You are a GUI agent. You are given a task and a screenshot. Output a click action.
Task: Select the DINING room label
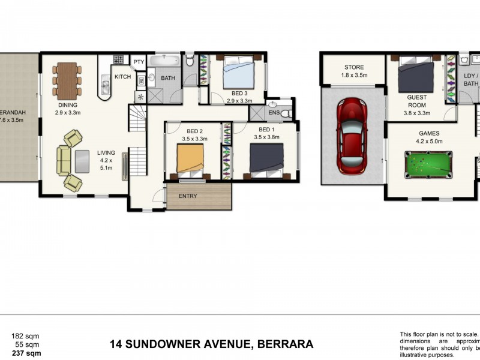click(67, 105)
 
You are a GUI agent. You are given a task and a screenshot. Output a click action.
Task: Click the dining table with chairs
click(67, 81)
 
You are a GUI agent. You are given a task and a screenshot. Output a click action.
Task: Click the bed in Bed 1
click(266, 160)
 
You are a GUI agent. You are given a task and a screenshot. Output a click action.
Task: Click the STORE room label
click(353, 67)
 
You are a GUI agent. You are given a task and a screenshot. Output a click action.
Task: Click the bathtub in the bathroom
click(164, 61)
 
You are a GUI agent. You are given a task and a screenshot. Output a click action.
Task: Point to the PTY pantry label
click(139, 62)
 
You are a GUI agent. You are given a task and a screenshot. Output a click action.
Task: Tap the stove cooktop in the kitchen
click(118, 60)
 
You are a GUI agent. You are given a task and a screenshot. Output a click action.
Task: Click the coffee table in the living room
click(81, 159)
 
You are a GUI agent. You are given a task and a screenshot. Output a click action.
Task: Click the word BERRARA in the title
click(286, 344)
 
